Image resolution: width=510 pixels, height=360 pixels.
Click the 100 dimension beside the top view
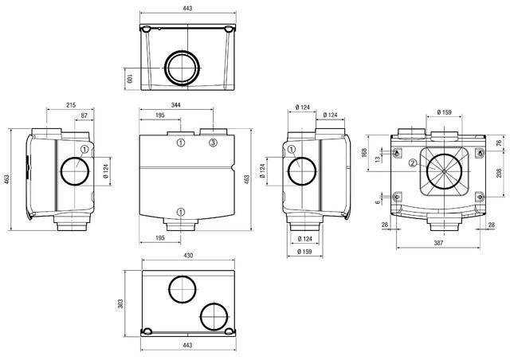point(128,78)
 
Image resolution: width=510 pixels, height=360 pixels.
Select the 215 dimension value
point(71,104)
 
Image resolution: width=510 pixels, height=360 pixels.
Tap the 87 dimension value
point(85,116)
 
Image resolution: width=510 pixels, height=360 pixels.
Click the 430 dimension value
point(188,256)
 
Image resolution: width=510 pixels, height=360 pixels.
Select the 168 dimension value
point(364,152)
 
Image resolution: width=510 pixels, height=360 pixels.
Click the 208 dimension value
point(498,173)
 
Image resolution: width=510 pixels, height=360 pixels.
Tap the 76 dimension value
point(498,143)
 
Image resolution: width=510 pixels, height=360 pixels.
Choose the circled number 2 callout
point(413,163)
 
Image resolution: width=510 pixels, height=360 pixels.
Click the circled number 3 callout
point(213,143)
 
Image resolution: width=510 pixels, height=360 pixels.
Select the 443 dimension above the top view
point(188,8)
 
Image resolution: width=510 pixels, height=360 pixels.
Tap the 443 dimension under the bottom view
point(188,346)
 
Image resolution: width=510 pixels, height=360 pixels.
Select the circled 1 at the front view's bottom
point(181,212)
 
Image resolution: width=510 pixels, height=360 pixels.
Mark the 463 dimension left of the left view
point(7,180)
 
